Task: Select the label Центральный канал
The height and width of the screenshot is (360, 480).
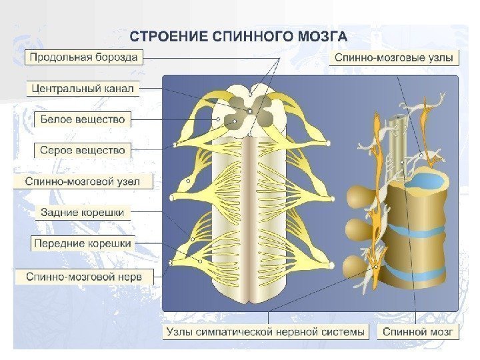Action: (x=83, y=88)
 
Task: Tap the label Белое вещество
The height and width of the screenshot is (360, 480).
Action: (x=83, y=119)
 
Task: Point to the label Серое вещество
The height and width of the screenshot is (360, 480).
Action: (x=83, y=150)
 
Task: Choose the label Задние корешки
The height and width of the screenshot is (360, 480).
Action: (x=83, y=212)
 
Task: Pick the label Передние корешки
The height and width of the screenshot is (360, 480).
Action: (x=83, y=243)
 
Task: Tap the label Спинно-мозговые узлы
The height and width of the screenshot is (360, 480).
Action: (x=394, y=58)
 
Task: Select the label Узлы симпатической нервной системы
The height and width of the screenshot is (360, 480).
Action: (x=265, y=331)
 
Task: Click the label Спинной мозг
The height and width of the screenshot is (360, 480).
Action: (x=418, y=331)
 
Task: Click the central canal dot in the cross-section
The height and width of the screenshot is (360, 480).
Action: (x=249, y=111)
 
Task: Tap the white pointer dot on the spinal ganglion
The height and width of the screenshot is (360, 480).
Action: (x=189, y=181)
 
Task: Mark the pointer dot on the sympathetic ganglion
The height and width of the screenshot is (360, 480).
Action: (x=377, y=266)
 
